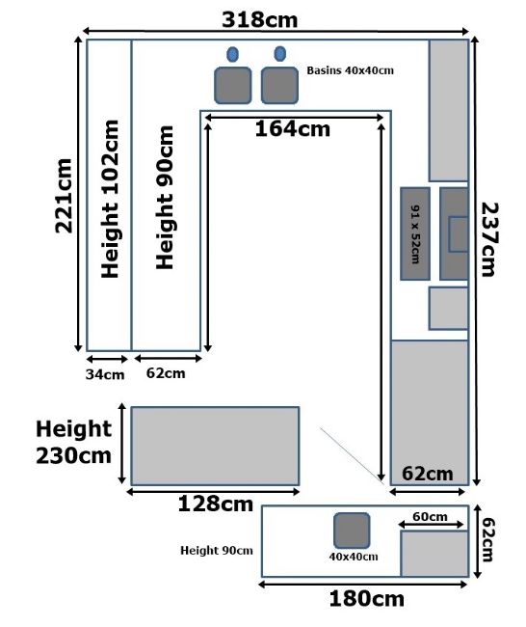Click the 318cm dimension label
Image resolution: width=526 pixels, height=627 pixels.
(x=259, y=19)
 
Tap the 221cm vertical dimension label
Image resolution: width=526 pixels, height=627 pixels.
(x=64, y=196)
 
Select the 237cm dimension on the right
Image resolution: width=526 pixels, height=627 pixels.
(x=490, y=239)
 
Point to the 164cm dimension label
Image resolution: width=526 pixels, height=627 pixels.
(x=293, y=128)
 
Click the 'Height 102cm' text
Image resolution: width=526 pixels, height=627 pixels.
(x=110, y=199)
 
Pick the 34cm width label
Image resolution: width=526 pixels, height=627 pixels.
(x=105, y=374)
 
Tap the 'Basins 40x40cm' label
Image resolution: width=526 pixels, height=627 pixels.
(x=351, y=70)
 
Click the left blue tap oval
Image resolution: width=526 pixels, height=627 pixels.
(x=232, y=54)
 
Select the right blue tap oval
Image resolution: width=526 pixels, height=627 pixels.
(x=280, y=54)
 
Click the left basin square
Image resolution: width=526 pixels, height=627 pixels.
(x=233, y=85)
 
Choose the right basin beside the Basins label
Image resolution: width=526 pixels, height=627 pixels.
(x=279, y=85)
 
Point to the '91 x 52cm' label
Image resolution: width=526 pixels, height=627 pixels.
(x=415, y=234)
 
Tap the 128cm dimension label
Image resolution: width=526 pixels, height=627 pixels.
(x=215, y=504)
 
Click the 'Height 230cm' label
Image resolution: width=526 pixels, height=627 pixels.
(x=73, y=442)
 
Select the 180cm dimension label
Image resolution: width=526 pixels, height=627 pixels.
(x=367, y=599)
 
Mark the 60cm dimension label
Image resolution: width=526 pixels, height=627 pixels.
(x=430, y=517)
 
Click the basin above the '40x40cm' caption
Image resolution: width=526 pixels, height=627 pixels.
(x=352, y=531)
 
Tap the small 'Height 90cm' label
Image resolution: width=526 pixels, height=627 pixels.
(x=217, y=551)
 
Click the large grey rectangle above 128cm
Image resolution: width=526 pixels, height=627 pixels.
(x=215, y=446)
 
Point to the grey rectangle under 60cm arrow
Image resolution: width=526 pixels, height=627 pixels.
(x=434, y=554)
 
